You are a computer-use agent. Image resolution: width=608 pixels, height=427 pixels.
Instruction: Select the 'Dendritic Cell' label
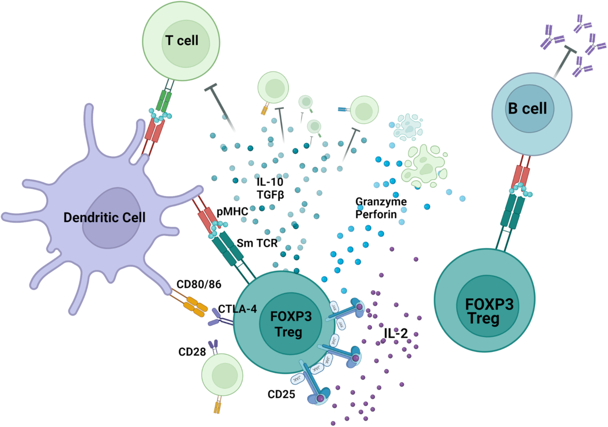(104, 218)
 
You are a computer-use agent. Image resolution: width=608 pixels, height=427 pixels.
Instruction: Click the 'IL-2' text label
(396, 333)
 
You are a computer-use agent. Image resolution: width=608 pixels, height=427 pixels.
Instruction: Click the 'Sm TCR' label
(257, 242)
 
